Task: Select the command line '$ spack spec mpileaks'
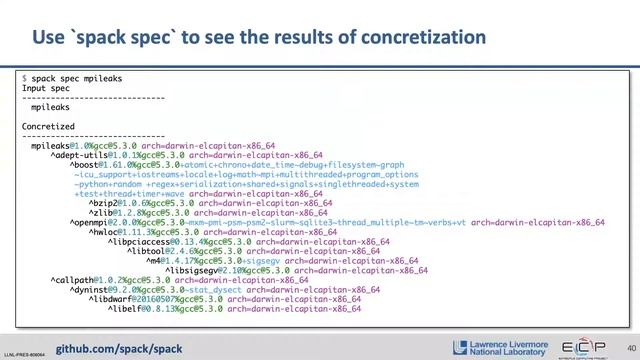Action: [x=69, y=77]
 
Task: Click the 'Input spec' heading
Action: [x=46, y=87]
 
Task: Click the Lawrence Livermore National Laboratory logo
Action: [x=511, y=346]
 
